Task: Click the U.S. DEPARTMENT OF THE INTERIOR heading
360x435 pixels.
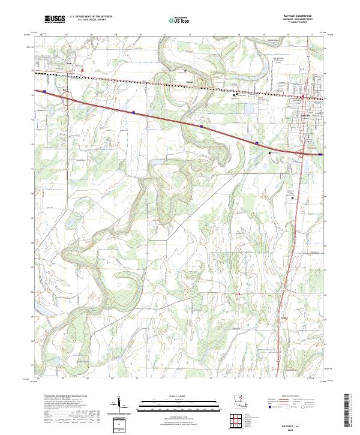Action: (x=91, y=17)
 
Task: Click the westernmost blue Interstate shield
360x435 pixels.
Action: (x=44, y=91)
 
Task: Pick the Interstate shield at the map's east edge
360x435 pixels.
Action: (x=320, y=154)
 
